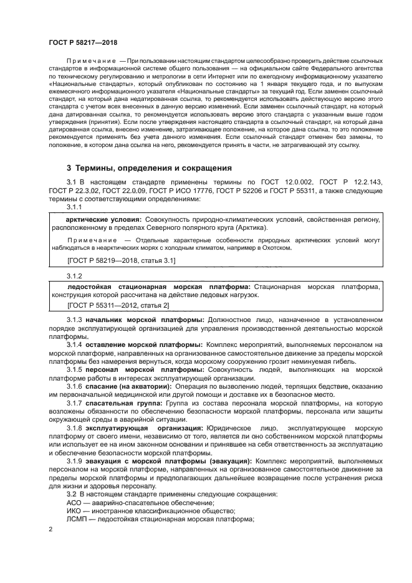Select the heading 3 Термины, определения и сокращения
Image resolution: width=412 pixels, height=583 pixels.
tap(149, 168)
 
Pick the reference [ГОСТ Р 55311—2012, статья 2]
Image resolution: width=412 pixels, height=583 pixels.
tap(118, 306)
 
